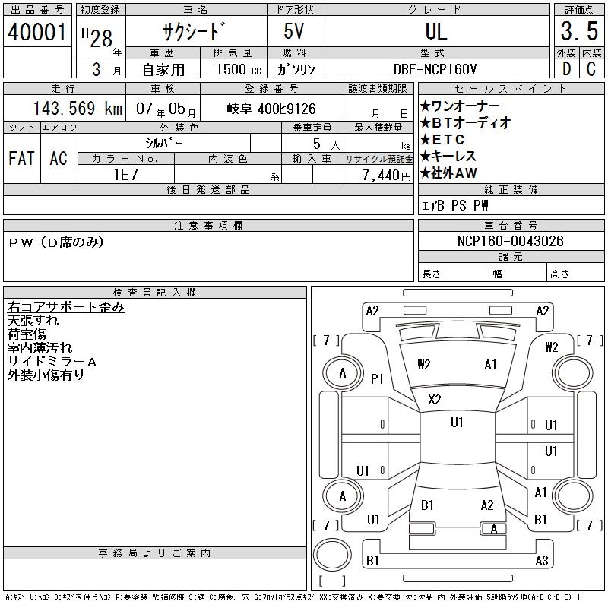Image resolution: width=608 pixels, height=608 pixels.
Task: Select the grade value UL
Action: [436, 32]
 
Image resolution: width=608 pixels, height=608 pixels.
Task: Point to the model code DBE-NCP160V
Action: [436, 69]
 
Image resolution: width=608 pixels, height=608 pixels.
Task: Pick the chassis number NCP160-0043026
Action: [511, 241]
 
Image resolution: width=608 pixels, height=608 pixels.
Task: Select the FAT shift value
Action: [21, 158]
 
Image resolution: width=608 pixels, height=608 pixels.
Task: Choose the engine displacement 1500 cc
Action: [237, 69]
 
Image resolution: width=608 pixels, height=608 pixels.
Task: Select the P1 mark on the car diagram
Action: [378, 378]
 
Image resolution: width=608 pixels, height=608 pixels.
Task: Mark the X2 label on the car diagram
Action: [435, 400]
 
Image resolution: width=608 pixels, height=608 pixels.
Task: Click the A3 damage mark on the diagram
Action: [541, 561]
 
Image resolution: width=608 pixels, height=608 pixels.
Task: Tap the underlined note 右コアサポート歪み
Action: [65, 307]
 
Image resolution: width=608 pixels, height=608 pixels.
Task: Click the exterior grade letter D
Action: [565, 69]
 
